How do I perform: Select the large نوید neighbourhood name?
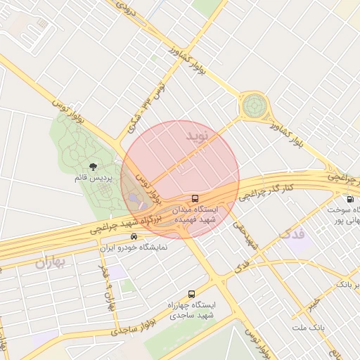point(198,136)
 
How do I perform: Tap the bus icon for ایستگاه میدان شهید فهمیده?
point(195,198)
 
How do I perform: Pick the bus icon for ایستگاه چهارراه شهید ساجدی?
point(191,294)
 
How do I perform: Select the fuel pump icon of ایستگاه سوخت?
point(350,199)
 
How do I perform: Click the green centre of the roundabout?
point(253,107)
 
